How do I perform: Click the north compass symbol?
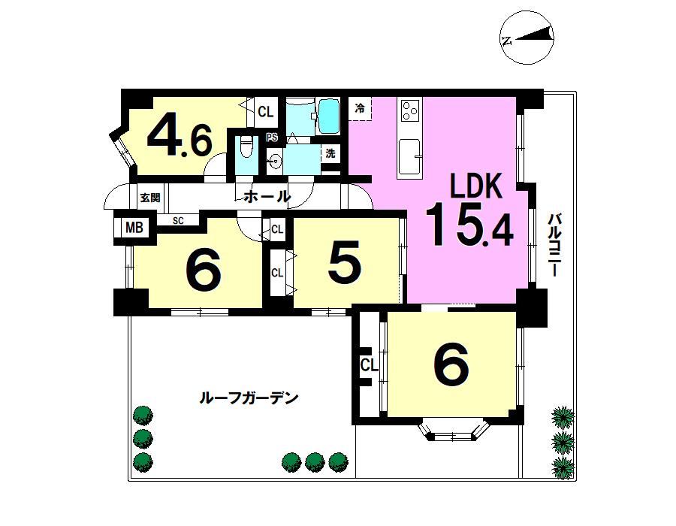(x=527, y=38)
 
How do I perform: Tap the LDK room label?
(x=476, y=186)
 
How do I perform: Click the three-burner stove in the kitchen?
(x=409, y=110)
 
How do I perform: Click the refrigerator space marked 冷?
(x=360, y=108)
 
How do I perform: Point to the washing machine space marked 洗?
(x=330, y=153)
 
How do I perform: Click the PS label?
(x=271, y=138)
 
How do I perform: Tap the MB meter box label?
(x=134, y=227)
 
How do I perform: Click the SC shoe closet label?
(x=178, y=221)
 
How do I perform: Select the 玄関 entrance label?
(x=150, y=198)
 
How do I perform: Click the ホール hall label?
(x=267, y=197)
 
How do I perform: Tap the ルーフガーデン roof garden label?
(x=249, y=398)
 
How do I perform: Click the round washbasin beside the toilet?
(x=273, y=162)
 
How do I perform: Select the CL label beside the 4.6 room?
(x=266, y=112)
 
